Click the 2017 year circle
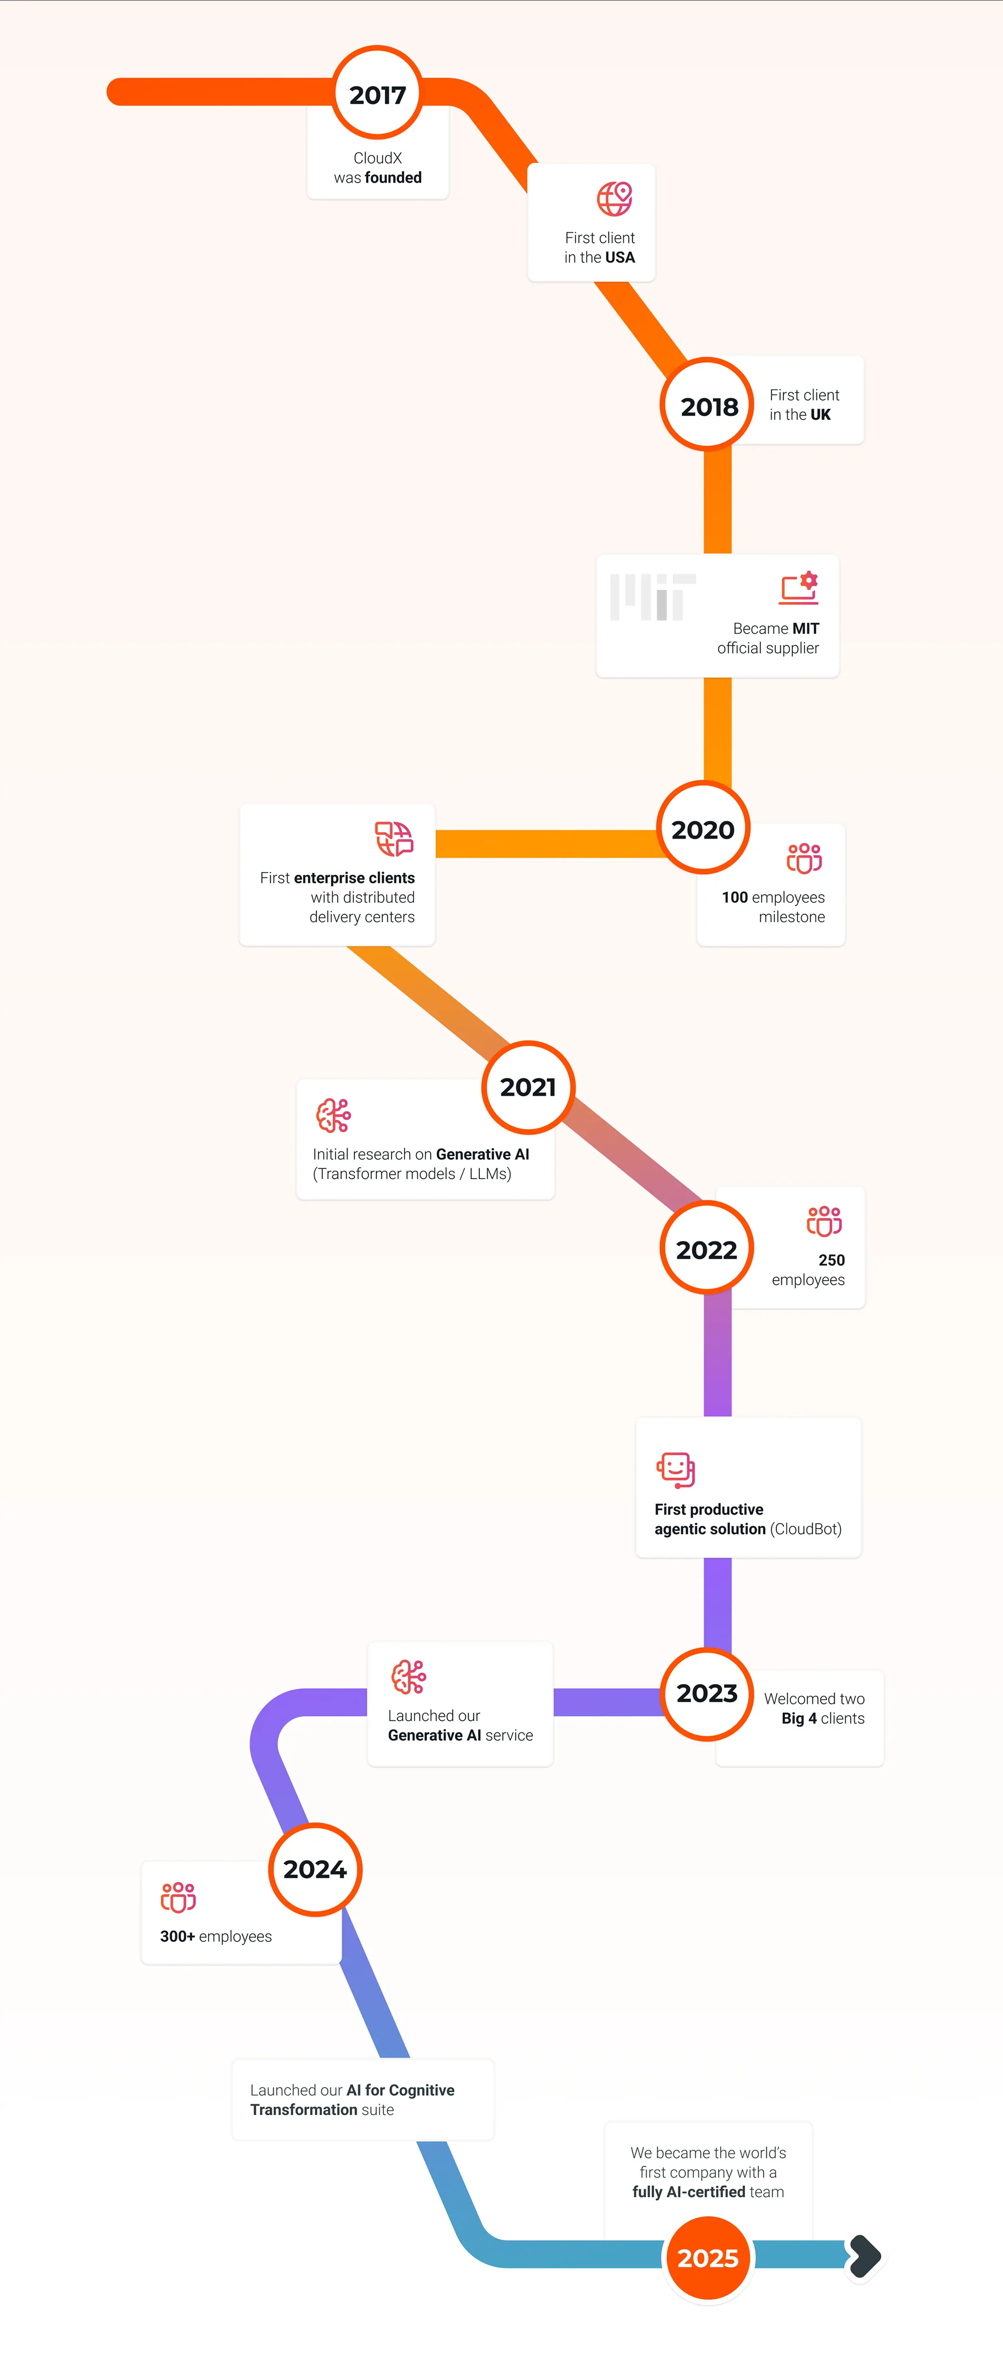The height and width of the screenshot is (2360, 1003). coord(377,93)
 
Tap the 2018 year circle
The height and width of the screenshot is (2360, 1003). coord(708,405)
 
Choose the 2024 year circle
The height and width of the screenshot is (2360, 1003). coord(315,1869)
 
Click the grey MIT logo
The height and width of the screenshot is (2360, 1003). coord(652,597)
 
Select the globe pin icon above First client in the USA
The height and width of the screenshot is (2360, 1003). coord(615,198)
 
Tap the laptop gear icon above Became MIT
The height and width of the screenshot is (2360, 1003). coord(799,588)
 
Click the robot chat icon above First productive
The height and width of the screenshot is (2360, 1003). coord(676,1470)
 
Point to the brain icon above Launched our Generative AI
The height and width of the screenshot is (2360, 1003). coord(409,1677)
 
